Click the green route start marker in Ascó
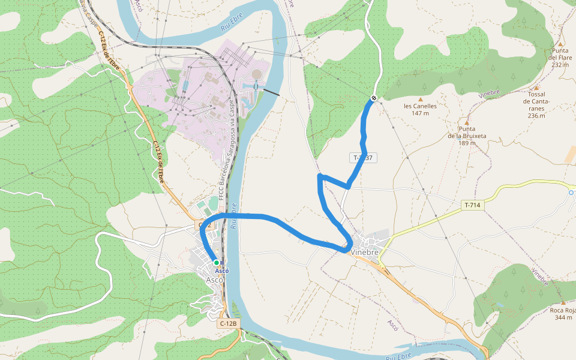tap(217, 263)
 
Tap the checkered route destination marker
tap(374, 98)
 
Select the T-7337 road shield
tap(363, 158)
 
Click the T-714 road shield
tap(472, 205)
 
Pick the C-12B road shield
tap(229, 323)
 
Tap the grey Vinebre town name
tap(365, 253)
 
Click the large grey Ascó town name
tap(214, 280)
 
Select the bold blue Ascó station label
tap(222, 271)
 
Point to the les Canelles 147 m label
tap(420, 109)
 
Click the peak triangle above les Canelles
tap(421, 99)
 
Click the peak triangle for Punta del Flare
tap(560, 44)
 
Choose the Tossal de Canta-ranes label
tap(536, 105)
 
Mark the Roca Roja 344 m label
tap(563, 313)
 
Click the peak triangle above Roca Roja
tap(563, 302)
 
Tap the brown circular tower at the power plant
tap(257, 74)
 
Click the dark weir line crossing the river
tap(271, 92)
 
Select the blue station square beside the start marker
tap(223, 263)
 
